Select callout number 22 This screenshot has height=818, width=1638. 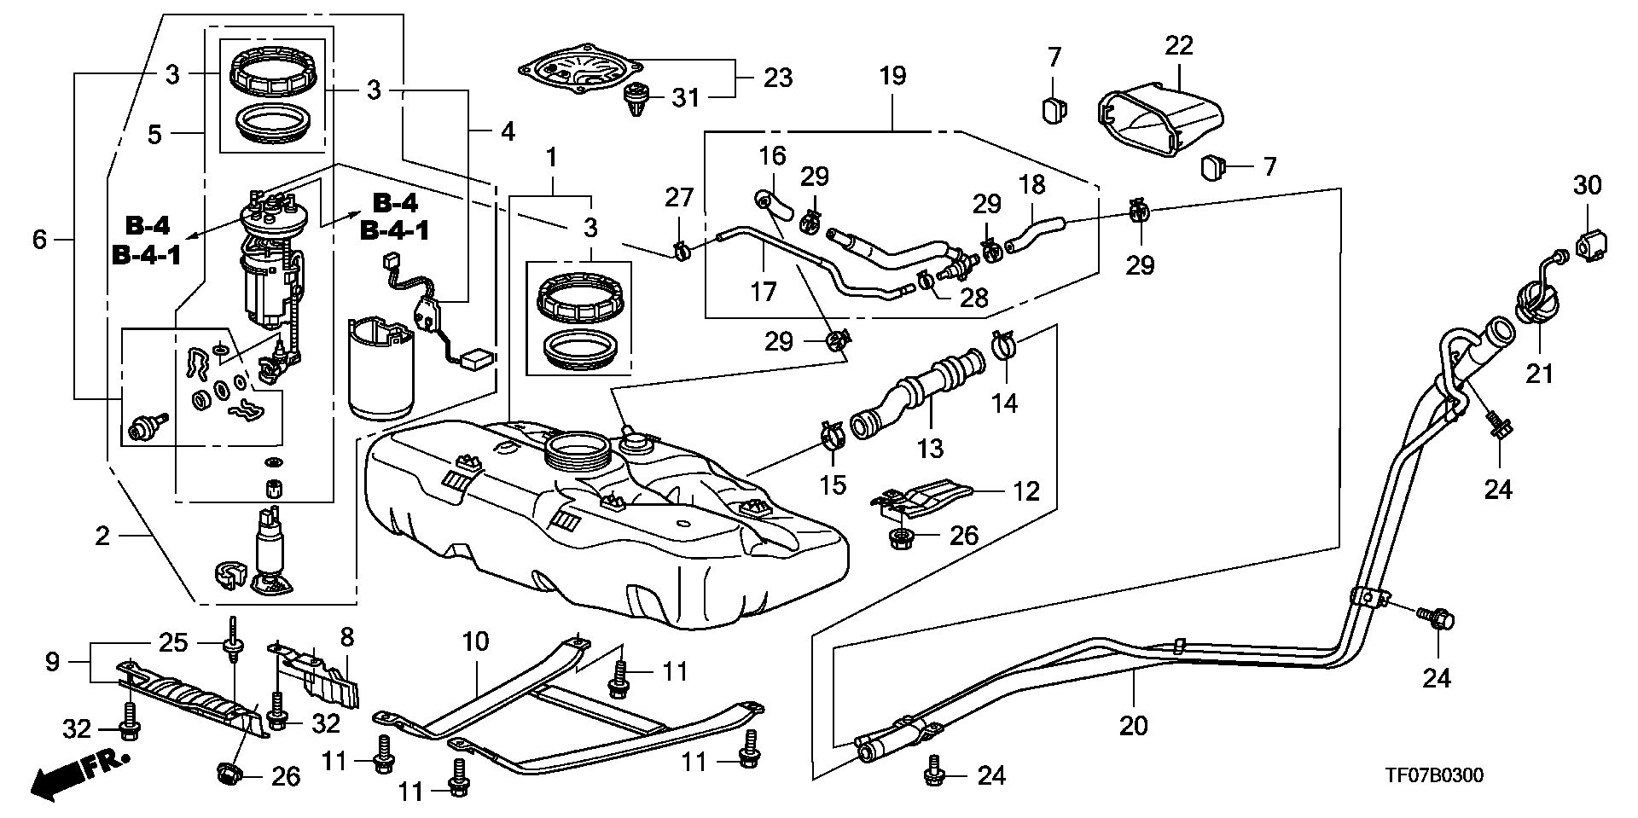coord(1179,45)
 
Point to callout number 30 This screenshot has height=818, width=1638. coord(1588,185)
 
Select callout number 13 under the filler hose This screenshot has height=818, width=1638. coord(931,447)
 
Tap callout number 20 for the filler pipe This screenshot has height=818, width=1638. coord(1134,726)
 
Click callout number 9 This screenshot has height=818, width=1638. coord(53,662)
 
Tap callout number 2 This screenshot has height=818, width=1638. coord(102,537)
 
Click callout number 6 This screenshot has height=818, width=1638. coord(39,240)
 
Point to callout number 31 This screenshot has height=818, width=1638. coord(685,98)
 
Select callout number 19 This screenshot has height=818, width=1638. coord(892,76)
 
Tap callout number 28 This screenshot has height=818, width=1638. coord(973,297)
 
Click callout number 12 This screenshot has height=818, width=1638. coord(1026,490)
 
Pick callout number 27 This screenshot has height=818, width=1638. coord(680,198)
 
